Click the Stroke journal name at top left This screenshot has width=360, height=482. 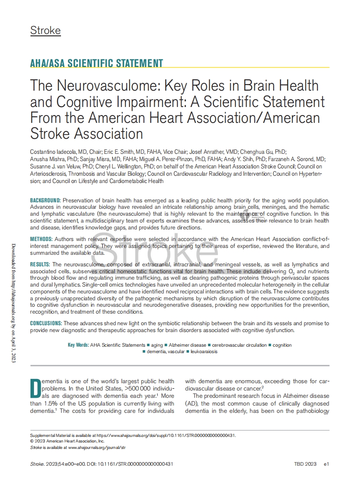tap(45, 31)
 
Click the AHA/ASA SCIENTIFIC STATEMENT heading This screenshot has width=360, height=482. tap(96, 63)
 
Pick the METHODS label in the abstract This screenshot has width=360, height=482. tap(41, 239)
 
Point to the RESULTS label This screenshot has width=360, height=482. tap(40, 265)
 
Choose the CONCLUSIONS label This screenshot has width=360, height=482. tap(46, 323)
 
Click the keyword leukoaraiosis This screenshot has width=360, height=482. tap(204, 351)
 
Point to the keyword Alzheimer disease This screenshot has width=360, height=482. tap(187, 345)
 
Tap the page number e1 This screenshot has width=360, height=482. tap(326, 464)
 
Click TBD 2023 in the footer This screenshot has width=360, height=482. tap(305, 464)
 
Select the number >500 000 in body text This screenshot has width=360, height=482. tap(139, 388)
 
